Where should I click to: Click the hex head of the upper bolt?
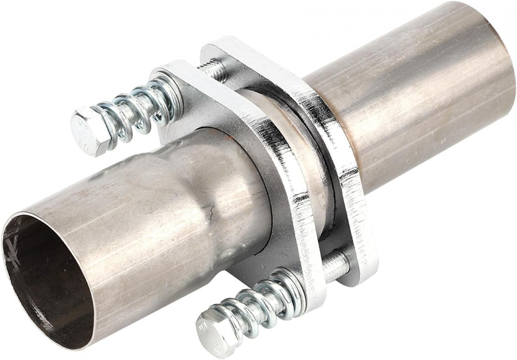point(83,132)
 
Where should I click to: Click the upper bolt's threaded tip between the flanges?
point(210,69)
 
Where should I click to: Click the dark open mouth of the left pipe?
point(42,281)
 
